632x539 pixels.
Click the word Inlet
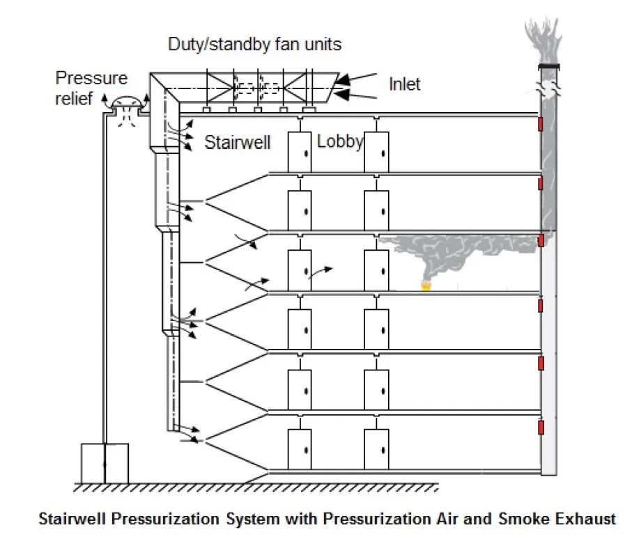[405, 84]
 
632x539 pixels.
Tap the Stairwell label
[237, 143]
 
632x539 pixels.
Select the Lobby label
[339, 141]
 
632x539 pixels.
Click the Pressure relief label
[82, 88]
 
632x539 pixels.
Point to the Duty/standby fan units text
[255, 45]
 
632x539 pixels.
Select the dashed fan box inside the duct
[256, 88]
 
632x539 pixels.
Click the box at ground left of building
[105, 462]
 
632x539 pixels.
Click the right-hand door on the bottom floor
[376, 448]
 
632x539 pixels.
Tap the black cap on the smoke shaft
[549, 66]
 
